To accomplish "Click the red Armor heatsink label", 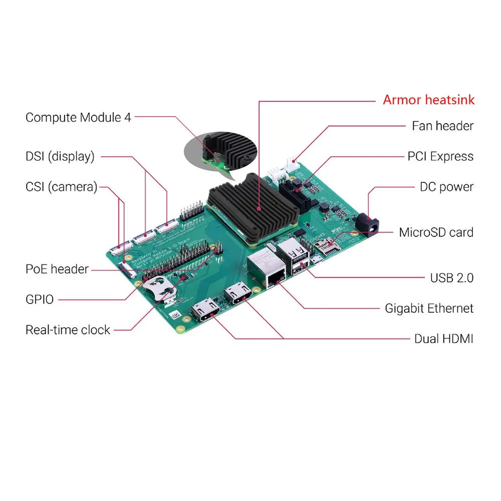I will coord(428,100).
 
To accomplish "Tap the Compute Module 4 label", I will coord(78,117).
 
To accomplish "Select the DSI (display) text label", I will coord(60,156).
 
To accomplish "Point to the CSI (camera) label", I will coord(61,187).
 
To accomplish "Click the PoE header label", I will coord(57,269).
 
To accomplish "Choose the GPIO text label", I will coord(39,300).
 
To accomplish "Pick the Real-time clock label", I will coord(68,330).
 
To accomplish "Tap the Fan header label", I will coord(442,126).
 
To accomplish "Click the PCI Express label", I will coord(440,156).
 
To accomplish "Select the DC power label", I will coord(446,187).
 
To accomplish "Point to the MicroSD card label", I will coord(436,232).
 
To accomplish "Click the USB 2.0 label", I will coord(451,278).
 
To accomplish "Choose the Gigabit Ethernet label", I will coord(429,308).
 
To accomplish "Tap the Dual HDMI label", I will coord(443,339).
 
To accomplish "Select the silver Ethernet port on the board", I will coord(267,271).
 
